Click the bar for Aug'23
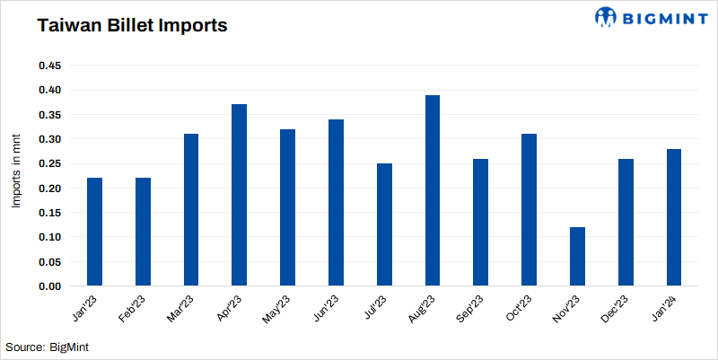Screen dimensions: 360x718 (433, 190)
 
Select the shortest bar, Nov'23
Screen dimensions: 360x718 (578, 257)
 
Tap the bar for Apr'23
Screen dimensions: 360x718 (239, 195)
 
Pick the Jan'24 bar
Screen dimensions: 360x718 (674, 217)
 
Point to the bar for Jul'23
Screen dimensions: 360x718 (384, 224)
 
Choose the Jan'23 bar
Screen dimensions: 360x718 (94, 232)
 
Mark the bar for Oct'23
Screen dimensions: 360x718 (530, 210)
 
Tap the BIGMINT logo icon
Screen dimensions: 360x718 (608, 17)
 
